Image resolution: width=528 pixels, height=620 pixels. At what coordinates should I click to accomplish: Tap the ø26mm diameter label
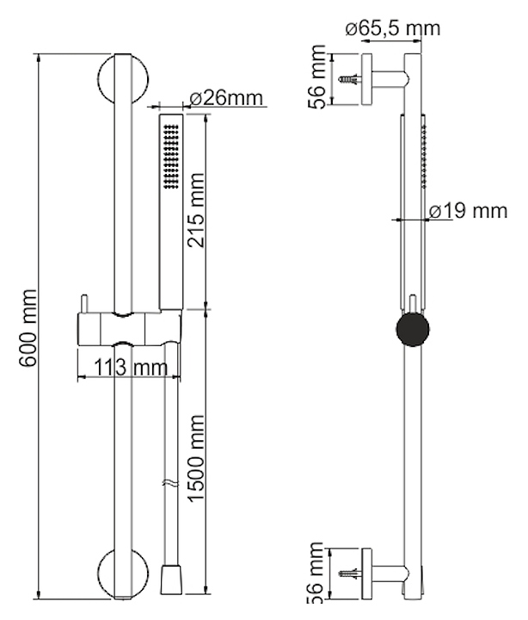coord(226,98)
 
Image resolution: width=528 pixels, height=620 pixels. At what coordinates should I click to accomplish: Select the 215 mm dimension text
coord(198,212)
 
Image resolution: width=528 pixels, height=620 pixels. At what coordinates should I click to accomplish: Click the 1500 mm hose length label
coord(198,462)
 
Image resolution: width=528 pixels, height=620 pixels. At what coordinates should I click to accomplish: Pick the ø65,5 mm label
coord(392,28)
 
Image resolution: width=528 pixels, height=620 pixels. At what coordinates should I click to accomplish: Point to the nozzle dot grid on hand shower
coord(169,155)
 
